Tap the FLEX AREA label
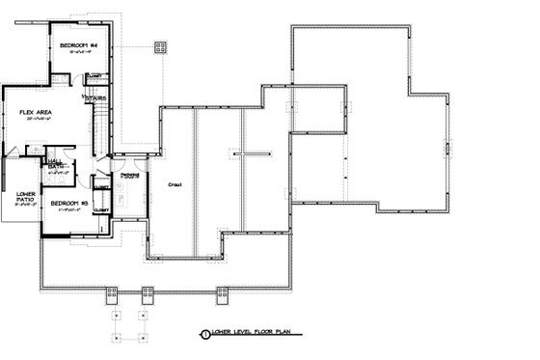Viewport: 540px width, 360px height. pyautogui.click(x=35, y=113)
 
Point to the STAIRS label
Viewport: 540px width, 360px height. pyautogui.click(x=95, y=97)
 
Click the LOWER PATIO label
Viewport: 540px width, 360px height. pyautogui.click(x=26, y=198)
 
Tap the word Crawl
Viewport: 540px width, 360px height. pyautogui.click(x=175, y=183)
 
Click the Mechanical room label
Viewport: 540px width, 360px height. pyautogui.click(x=131, y=176)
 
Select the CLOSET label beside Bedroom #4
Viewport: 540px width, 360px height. pyautogui.click(x=94, y=76)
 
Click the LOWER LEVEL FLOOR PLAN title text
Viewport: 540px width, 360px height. pyautogui.click(x=252, y=333)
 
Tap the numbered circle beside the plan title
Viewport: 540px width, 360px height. pyautogui.click(x=203, y=334)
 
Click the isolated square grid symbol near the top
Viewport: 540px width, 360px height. pyautogui.click(x=161, y=45)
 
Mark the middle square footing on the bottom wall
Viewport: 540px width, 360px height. pyautogui.click(x=148, y=291)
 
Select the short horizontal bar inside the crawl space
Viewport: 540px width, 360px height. pyautogui.click(x=248, y=153)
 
